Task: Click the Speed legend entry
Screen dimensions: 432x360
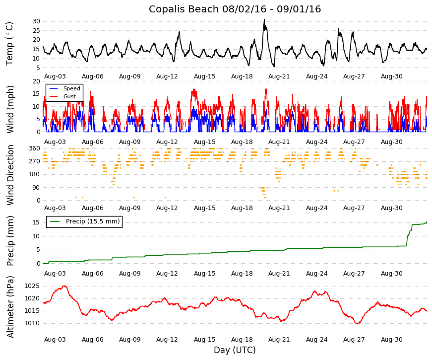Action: pyautogui.click(x=71, y=88)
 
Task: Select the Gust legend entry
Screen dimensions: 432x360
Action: pyautogui.click(x=69, y=96)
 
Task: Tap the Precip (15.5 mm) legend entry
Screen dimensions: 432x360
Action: pyautogui.click(x=93, y=221)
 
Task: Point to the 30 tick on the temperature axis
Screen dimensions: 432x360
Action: pyautogui.click(x=36, y=21)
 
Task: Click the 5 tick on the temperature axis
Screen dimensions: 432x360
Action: pyautogui.click(x=38, y=68)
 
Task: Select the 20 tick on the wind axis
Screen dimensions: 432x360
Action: pyautogui.click(x=36, y=81)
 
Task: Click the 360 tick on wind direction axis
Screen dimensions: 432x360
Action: pyautogui.click(x=35, y=148)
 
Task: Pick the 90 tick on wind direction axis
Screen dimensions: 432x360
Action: pyautogui.click(x=36, y=188)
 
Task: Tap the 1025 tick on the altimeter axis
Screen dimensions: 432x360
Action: pyautogui.click(x=32, y=286)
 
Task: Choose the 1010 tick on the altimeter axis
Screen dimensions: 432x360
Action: pyautogui.click(x=32, y=323)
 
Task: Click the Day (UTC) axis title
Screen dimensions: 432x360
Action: pyautogui.click(x=235, y=350)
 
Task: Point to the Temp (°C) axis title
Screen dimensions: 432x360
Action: pyautogui.click(x=9, y=44)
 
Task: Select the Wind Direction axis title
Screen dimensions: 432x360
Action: pyautogui.click(x=10, y=175)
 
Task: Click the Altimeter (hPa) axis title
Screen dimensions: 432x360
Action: pyautogui.click(x=10, y=307)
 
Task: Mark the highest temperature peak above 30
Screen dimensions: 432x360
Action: pyautogui.click(x=264, y=19)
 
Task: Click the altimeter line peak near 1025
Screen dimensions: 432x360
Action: pyautogui.click(x=64, y=286)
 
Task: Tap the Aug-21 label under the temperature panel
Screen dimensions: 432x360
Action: pyautogui.click(x=279, y=76)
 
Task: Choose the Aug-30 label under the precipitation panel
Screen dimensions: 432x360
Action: pyautogui.click(x=391, y=274)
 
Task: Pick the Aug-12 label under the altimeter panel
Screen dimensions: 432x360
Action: pyautogui.click(x=167, y=340)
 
